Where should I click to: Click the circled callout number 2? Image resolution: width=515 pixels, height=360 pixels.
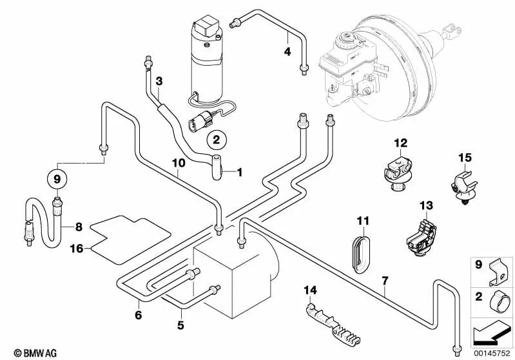tap(216, 138)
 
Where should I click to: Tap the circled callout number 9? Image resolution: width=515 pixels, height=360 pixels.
tap(56, 178)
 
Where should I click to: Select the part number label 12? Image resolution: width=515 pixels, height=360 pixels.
tap(401, 142)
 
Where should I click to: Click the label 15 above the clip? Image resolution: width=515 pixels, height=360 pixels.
tap(465, 157)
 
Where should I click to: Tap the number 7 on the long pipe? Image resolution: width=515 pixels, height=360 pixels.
tap(385, 281)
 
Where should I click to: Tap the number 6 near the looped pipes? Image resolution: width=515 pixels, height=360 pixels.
tap(137, 315)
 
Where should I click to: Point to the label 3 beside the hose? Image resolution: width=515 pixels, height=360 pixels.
tap(159, 81)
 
